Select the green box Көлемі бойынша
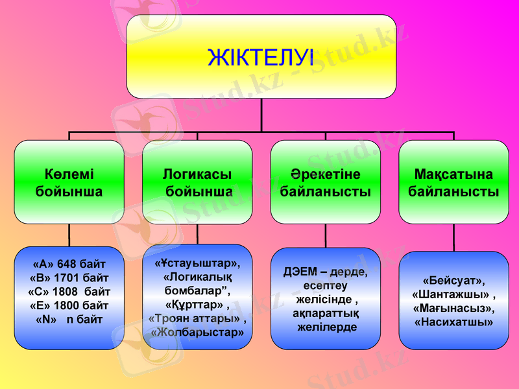point(69,183)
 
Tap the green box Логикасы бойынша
point(197,183)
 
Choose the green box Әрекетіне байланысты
point(325,183)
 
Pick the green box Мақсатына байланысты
point(453,183)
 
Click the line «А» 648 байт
point(69,264)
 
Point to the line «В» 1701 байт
point(69,277)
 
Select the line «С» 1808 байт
point(69,292)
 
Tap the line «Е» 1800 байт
point(69,305)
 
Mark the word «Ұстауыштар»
point(197,263)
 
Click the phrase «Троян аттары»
point(196,318)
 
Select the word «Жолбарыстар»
point(197,332)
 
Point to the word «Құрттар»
point(195,304)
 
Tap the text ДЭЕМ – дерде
point(325,272)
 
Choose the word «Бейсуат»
point(453,281)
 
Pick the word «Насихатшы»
point(453,322)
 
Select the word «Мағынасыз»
point(453,308)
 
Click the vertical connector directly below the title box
point(261,115)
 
